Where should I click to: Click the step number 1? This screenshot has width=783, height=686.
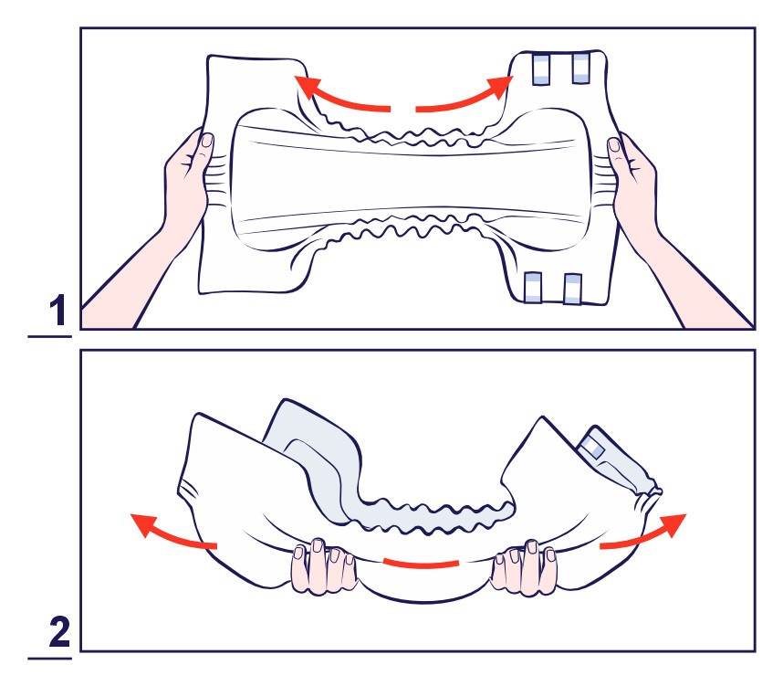coord(59,310)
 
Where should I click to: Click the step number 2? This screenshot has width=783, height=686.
coord(59,632)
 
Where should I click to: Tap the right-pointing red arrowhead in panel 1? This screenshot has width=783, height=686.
coord(500,87)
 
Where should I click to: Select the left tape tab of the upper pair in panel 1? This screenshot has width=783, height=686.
coord(541,69)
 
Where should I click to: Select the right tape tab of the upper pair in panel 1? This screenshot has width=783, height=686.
coord(580,68)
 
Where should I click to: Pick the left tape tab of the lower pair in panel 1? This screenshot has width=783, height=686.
coord(533,288)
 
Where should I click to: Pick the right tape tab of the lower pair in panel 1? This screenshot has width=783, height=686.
coord(573,289)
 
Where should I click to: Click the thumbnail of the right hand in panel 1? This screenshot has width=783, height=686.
coord(614,145)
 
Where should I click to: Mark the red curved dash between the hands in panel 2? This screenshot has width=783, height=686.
coord(421,565)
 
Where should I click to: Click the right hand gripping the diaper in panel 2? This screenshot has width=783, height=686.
coord(524,567)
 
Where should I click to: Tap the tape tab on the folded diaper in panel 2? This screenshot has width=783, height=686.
coord(594,447)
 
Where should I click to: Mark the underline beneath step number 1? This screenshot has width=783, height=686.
coord(50,336)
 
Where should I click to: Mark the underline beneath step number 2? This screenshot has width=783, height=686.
coord(50,659)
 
